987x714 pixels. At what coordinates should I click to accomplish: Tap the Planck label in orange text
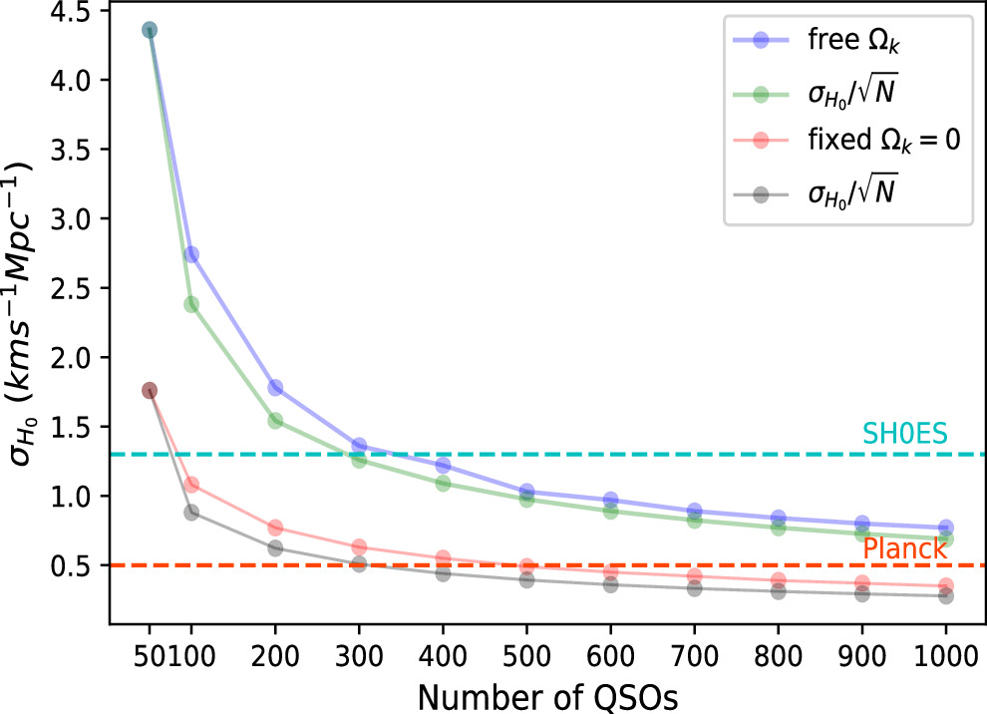pos(904,549)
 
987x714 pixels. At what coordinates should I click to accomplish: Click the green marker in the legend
pos(761,93)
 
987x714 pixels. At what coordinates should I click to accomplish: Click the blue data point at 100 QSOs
pos(191,254)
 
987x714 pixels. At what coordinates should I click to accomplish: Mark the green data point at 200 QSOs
pos(276,421)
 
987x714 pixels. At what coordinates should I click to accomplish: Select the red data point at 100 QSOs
pos(191,485)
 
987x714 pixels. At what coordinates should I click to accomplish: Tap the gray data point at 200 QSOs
pos(276,548)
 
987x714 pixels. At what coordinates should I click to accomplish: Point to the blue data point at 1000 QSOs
pos(946,528)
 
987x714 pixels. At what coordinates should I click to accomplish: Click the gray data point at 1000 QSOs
pos(946,596)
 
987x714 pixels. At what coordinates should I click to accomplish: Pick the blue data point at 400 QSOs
pos(444,466)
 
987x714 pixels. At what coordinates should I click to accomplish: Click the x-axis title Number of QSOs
pos(547,696)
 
